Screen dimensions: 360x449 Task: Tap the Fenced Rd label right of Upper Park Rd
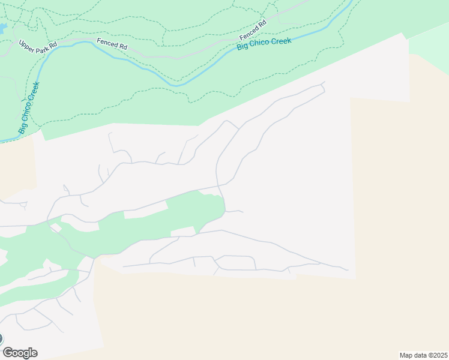[x=112, y=44]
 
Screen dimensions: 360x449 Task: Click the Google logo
[x=20, y=353]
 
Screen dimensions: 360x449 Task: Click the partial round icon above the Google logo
[x=2, y=338]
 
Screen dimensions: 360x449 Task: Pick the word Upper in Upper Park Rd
[x=27, y=44]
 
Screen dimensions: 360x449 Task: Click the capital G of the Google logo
[x=8, y=353]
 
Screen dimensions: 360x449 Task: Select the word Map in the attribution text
[x=406, y=355]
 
